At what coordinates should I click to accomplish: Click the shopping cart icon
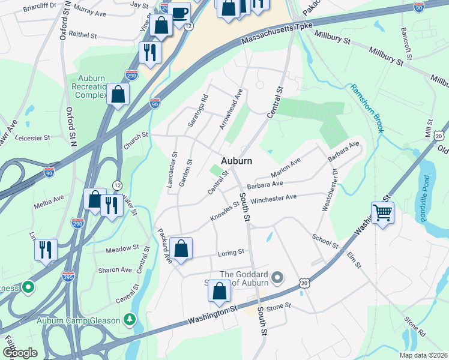click(382, 212)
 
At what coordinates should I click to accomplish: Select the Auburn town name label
click(236, 161)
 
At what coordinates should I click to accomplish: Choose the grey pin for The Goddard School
click(277, 277)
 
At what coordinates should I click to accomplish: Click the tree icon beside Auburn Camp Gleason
click(127, 319)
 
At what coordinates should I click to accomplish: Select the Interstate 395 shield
click(68, 277)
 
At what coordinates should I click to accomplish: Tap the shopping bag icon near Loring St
click(181, 249)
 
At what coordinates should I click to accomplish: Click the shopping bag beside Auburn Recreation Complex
click(118, 94)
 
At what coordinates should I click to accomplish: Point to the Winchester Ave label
click(274, 199)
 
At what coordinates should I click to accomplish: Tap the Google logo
click(20, 352)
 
